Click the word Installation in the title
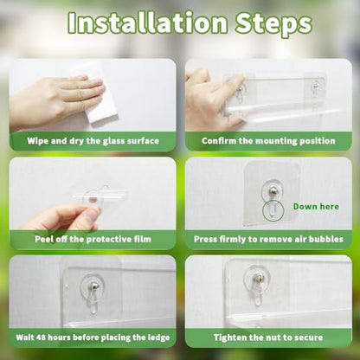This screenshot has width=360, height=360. (x=147, y=22)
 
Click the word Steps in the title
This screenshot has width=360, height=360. (x=273, y=24)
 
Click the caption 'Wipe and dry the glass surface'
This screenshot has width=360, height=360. (x=93, y=141)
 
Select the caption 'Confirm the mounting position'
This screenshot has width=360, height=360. (x=268, y=141)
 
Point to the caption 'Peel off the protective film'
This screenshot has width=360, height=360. (x=93, y=239)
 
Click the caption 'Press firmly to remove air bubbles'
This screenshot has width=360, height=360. (x=268, y=239)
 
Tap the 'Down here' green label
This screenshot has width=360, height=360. (x=316, y=207)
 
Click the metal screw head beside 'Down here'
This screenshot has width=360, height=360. (x=273, y=190)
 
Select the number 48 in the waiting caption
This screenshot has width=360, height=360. (x=42, y=337)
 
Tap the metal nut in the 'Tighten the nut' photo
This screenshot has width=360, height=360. (x=259, y=278)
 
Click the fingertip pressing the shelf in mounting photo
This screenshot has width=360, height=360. (x=241, y=78)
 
